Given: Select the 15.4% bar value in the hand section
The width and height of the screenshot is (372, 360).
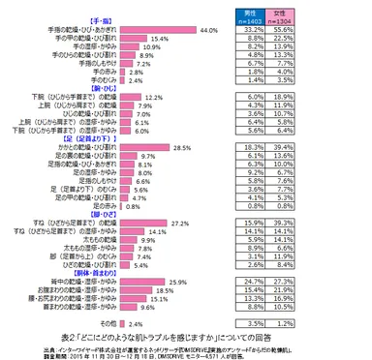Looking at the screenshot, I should (160, 39).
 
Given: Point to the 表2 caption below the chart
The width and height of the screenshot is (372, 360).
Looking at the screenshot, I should (185, 335).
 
